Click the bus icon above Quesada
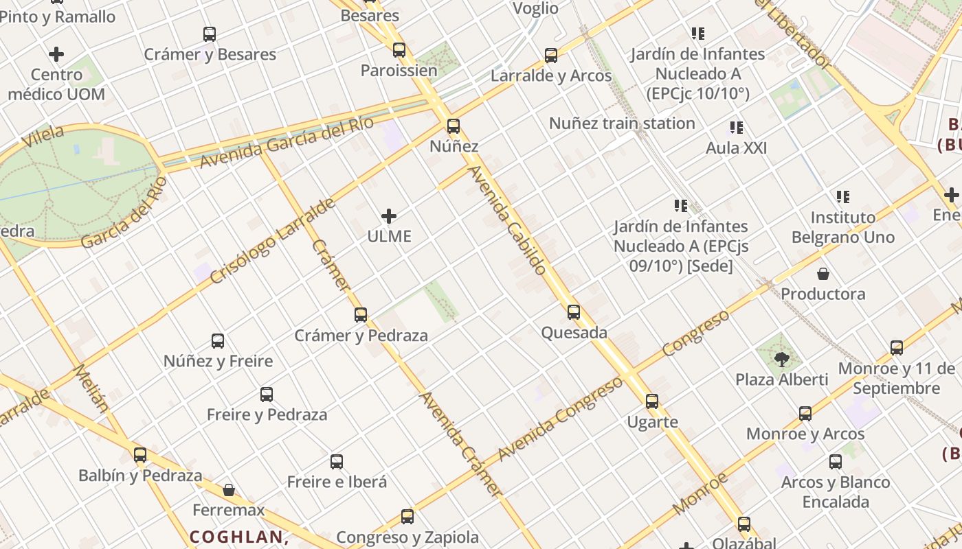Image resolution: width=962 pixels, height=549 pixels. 574,312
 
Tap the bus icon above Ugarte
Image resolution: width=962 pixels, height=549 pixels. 652,401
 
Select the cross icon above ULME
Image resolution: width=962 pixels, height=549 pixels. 389,217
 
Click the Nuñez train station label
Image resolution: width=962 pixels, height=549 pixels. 622,124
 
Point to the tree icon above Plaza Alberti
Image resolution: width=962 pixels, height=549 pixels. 781,359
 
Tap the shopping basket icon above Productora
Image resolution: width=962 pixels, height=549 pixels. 823,274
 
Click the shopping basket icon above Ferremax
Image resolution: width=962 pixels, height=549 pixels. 229,490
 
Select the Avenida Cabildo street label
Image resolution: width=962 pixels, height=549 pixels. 508,220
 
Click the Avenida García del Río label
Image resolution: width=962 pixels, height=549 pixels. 287,143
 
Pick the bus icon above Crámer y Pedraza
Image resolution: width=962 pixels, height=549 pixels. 361,315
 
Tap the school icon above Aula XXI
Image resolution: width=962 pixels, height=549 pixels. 737,128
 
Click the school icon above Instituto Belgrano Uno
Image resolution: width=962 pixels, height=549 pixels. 843,198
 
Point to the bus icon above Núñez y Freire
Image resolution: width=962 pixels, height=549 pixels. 218,340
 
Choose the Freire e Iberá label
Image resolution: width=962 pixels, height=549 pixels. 337,482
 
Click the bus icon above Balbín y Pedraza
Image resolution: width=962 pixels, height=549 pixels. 140,454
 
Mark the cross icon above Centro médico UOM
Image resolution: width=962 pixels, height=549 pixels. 57,54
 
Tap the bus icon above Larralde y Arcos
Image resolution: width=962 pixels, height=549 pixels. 551,56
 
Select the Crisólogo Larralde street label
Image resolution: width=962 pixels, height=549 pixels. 272,242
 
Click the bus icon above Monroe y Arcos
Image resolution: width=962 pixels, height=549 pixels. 805,414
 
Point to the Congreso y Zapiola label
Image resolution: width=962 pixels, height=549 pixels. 407,537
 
